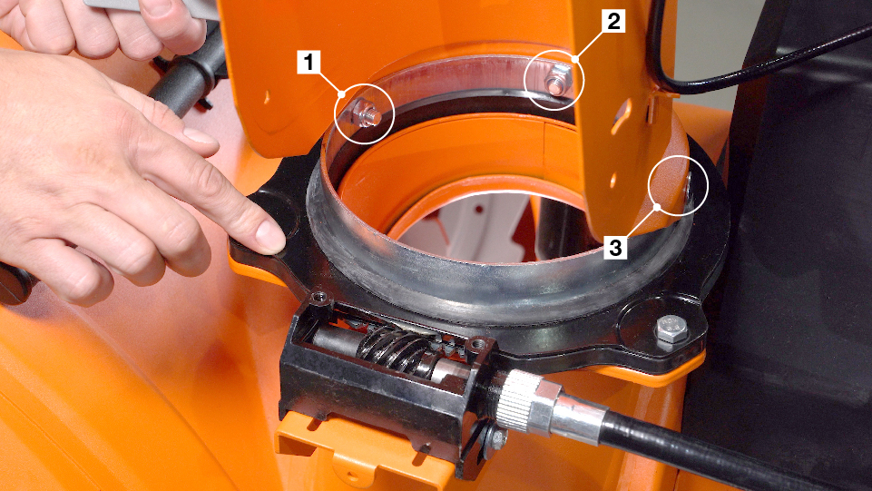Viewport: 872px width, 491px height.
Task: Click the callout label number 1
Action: coord(309,62)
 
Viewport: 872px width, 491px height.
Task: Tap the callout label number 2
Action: coord(613,22)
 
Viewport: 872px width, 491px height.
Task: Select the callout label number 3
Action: coord(615,248)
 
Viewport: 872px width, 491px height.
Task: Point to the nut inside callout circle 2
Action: coord(557,83)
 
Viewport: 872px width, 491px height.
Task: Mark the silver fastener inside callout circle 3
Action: coord(688,185)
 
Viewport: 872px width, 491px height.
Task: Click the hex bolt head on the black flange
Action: coord(671,329)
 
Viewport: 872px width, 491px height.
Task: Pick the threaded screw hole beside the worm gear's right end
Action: coord(477,345)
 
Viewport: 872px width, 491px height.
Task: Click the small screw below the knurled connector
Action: coord(496,437)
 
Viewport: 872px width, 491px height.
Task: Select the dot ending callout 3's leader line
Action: coord(657,207)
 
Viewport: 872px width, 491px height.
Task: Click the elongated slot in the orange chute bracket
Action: coord(622,117)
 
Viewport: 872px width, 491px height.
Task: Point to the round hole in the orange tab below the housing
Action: coord(353,477)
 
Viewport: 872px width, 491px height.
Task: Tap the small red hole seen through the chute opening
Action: coord(478,211)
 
